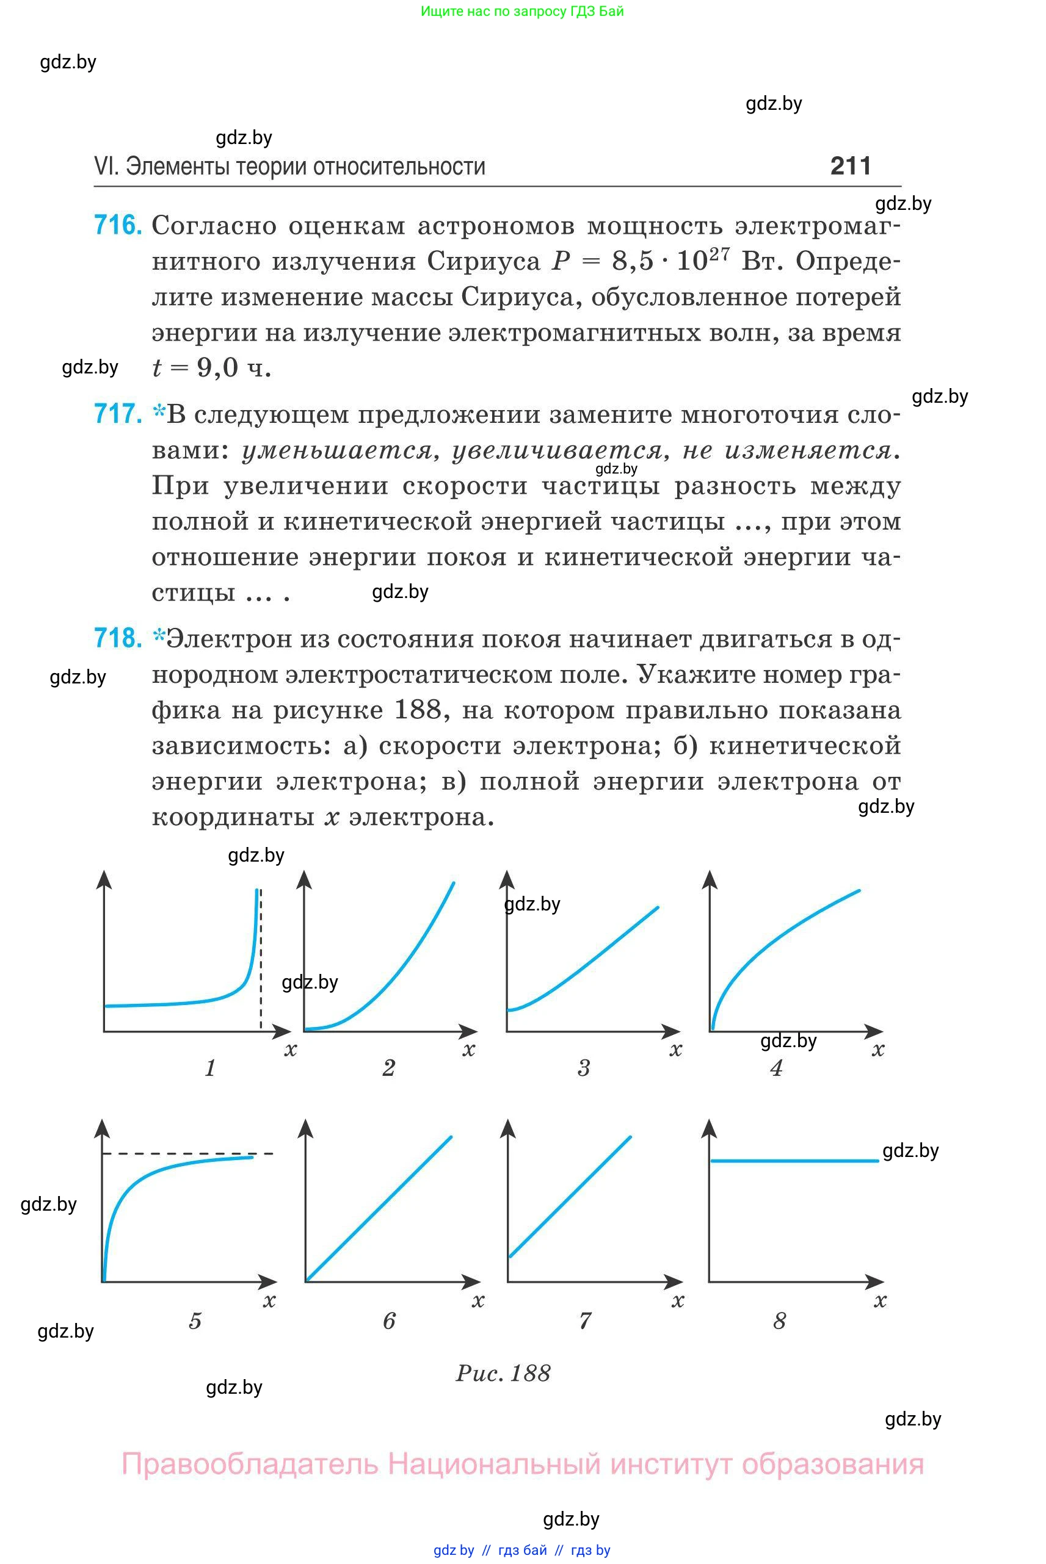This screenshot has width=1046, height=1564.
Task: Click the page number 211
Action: pyautogui.click(x=851, y=166)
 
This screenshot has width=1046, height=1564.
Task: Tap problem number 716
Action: pyautogui.click(x=117, y=225)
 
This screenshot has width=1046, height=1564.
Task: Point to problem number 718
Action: pyautogui.click(x=117, y=639)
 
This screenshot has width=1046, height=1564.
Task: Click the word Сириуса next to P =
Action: pyautogui.click(x=484, y=261)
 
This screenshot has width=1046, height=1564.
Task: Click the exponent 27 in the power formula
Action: pyautogui.click(x=720, y=253)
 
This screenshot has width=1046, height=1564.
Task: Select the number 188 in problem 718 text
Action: pyautogui.click(x=418, y=710)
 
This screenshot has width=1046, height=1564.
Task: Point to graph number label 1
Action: pyautogui.click(x=210, y=1068)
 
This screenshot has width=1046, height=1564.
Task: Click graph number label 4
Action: pyautogui.click(x=776, y=1068)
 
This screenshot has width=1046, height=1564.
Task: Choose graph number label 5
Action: pyautogui.click(x=195, y=1321)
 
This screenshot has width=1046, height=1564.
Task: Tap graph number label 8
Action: pyautogui.click(x=779, y=1321)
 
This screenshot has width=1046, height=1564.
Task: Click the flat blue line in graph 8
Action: pyautogui.click(x=794, y=1161)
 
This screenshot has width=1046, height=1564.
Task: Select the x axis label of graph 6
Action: pyautogui.click(x=478, y=1300)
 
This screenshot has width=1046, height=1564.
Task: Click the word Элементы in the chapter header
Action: pyautogui.click(x=171, y=167)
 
